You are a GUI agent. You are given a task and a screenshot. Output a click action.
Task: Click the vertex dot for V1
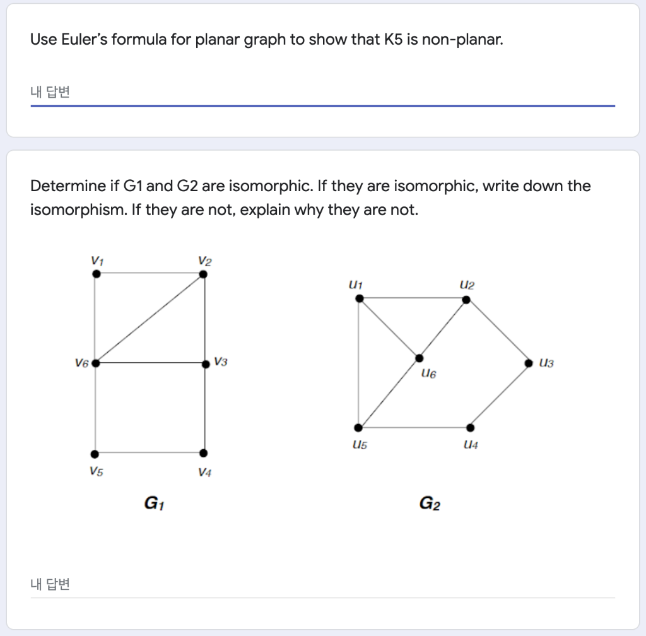click(96, 274)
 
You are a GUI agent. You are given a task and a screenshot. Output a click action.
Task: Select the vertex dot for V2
click(203, 274)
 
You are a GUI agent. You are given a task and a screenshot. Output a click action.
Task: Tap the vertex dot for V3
click(205, 364)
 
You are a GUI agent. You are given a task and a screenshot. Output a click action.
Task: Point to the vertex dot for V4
click(203, 453)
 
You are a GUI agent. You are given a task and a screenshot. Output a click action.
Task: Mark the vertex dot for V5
click(95, 454)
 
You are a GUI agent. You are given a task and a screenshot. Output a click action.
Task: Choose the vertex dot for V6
click(95, 363)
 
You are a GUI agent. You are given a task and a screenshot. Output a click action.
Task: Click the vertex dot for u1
click(359, 298)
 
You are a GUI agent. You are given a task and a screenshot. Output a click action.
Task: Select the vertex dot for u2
click(466, 299)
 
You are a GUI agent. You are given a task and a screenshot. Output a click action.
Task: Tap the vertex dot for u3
click(530, 363)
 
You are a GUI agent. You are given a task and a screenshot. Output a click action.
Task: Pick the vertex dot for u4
click(470, 428)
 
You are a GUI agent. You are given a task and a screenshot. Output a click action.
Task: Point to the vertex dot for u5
click(358, 428)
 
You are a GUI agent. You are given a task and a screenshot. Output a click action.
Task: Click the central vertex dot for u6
click(419, 358)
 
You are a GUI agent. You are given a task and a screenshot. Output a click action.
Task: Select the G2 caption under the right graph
click(430, 503)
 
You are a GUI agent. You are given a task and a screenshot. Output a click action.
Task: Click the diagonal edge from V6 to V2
click(150, 319)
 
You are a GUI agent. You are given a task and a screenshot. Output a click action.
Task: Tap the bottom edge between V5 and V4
click(149, 453)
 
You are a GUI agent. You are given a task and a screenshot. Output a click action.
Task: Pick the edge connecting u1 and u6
click(389, 328)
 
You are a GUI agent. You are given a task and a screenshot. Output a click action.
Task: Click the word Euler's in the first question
click(83, 40)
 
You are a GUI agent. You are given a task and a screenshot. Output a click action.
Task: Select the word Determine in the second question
click(68, 186)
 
